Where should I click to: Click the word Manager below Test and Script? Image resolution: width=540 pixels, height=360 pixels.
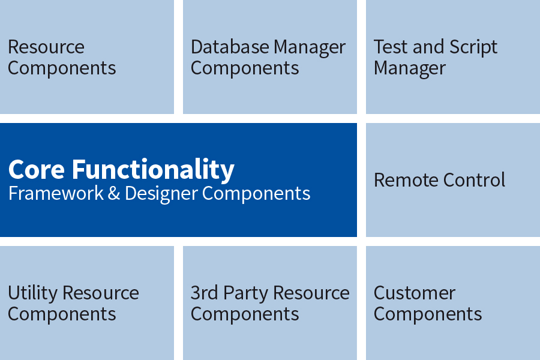pos(409,68)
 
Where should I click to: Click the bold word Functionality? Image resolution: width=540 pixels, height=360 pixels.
pos(153,170)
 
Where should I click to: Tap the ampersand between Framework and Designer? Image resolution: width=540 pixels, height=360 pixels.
pos(114,193)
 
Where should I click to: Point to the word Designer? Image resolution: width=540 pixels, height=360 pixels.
pos(161,193)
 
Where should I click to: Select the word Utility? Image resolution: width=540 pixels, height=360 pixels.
pos(32,293)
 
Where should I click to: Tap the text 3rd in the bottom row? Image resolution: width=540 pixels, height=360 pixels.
pos(205,293)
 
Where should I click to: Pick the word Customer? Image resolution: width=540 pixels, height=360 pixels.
pos(414,293)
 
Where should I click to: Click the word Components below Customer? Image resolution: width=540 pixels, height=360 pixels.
pos(428,314)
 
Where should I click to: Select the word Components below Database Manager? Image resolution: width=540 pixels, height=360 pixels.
pos(245,68)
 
